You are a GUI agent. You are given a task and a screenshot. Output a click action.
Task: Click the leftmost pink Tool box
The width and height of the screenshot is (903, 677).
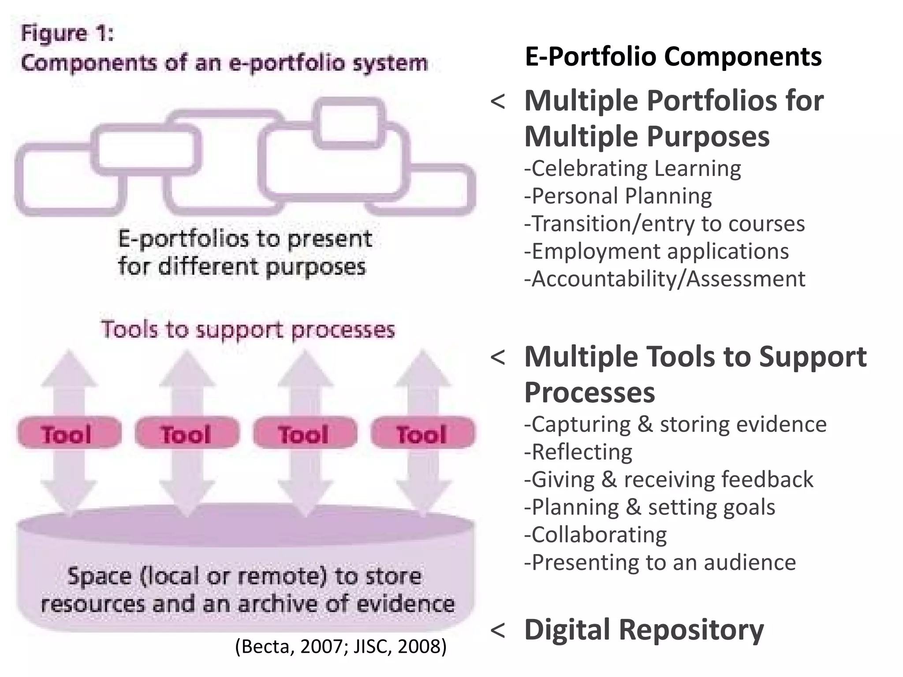point(69,433)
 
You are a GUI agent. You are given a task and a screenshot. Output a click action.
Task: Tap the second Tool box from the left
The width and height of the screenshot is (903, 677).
point(187,433)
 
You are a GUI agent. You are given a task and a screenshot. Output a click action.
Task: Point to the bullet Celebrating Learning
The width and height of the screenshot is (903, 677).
point(633,169)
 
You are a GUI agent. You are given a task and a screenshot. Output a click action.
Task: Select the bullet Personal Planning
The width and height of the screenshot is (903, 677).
point(618,197)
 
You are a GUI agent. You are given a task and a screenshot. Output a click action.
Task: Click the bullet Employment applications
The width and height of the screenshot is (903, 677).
point(657,252)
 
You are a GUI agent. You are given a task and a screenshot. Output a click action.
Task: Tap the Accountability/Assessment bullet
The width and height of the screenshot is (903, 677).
point(664,279)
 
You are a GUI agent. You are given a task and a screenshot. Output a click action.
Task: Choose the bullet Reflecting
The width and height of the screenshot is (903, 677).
point(578,452)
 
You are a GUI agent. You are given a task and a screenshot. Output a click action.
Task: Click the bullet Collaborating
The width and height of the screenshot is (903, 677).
point(595,535)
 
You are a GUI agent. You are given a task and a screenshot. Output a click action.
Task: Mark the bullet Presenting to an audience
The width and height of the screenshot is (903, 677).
point(660,563)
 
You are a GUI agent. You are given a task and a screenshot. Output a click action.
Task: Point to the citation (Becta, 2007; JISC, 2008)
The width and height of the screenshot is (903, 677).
point(341,646)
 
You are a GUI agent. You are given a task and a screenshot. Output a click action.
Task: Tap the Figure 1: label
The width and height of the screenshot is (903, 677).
point(67,33)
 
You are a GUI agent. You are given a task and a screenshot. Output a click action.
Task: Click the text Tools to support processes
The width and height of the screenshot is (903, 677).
point(248,330)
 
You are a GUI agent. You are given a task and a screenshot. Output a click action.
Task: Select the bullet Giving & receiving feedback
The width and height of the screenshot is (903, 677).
point(668,480)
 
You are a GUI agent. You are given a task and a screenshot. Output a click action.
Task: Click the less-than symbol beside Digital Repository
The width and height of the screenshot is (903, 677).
point(498,630)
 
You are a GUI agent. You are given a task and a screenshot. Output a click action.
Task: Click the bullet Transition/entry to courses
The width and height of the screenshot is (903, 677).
point(664,224)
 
